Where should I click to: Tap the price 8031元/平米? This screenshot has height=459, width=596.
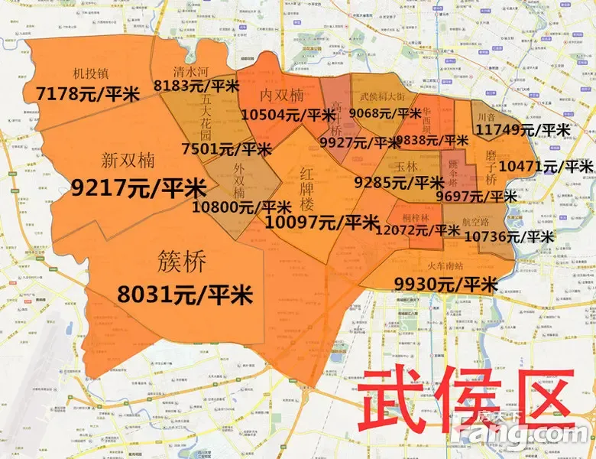[x=185, y=294]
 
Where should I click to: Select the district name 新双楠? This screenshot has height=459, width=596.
[x=128, y=161]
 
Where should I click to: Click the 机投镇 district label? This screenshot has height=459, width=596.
[x=90, y=74]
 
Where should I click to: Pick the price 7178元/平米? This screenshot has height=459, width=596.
[x=87, y=94]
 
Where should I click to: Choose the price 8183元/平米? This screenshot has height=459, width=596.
[x=196, y=85]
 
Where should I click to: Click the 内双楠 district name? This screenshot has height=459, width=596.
[x=282, y=95]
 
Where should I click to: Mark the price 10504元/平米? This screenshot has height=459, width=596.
[x=283, y=116]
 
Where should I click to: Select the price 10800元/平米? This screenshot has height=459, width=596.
[x=241, y=207]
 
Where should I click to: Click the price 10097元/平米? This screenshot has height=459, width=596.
[x=322, y=223]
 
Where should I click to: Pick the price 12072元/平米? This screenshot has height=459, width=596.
[x=423, y=229]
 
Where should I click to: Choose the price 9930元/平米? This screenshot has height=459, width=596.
[x=445, y=285]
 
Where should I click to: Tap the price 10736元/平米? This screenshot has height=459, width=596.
[x=508, y=237]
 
